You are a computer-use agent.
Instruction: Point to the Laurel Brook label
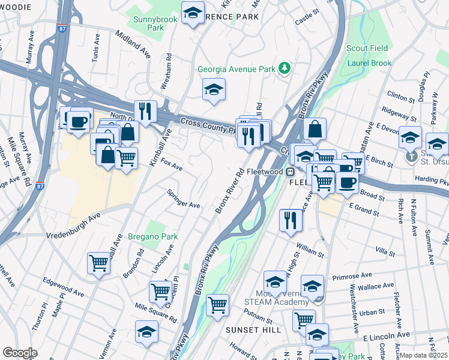[369, 63]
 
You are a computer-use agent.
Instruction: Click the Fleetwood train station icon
[290, 172]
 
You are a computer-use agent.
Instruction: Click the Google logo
[20, 352]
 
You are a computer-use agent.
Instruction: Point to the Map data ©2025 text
[424, 355]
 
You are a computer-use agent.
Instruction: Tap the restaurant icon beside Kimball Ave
[145, 111]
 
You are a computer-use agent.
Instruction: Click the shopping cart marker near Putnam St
[217, 304]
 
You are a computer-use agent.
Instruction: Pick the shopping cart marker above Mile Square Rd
[160, 292]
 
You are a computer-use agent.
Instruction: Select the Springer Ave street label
[183, 200]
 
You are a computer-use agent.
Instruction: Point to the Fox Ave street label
[171, 165]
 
